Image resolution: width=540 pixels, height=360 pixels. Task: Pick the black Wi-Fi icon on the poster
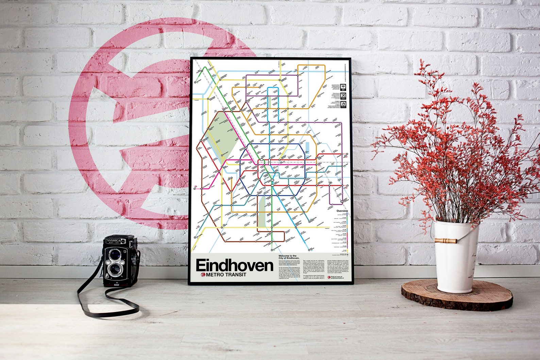343,87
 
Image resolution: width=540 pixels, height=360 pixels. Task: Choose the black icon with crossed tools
343,96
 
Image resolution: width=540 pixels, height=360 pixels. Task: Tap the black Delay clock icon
343,104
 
